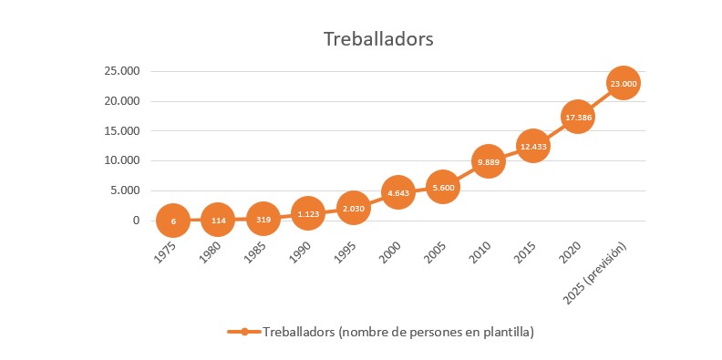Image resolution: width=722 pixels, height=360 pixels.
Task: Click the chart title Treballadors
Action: click(x=377, y=40)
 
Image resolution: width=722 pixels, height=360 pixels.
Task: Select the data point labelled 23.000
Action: click(x=624, y=84)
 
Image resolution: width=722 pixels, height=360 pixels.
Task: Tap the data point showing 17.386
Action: click(x=578, y=118)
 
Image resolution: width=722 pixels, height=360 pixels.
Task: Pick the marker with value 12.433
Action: click(x=533, y=147)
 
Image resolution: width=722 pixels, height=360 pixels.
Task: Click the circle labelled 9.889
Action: click(x=488, y=162)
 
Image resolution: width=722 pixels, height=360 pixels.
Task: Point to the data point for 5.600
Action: click(x=442, y=188)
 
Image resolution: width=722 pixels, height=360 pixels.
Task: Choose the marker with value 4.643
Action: click(x=397, y=193)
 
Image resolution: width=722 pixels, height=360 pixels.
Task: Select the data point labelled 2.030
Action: click(x=353, y=209)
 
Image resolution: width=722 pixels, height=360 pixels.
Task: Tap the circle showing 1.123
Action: click(x=307, y=214)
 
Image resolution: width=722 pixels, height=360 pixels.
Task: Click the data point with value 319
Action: click(x=263, y=219)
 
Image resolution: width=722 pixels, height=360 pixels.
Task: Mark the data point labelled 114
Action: click(x=217, y=220)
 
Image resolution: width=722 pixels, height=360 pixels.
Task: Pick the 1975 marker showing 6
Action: click(x=172, y=221)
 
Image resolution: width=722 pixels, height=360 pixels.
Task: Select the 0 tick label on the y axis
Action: click(x=137, y=221)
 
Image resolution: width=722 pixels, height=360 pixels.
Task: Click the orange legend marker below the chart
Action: click(x=243, y=332)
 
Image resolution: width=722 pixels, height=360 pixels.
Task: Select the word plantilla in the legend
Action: click(x=502, y=332)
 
